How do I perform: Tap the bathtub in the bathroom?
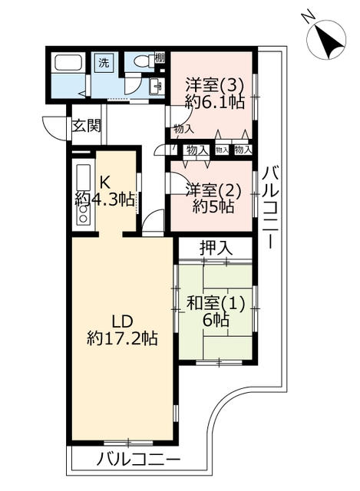pyautogui.click(x=68, y=63)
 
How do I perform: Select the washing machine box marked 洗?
pyautogui.click(x=104, y=63)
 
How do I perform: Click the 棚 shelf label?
pyautogui.click(x=160, y=58)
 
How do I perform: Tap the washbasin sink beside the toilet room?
pyautogui.click(x=156, y=85)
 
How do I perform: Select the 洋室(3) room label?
pyautogui.click(x=215, y=84)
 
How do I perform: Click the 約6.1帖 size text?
pyautogui.click(x=215, y=101)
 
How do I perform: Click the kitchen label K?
pyautogui.click(x=104, y=181)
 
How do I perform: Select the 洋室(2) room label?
pyautogui.click(x=213, y=190)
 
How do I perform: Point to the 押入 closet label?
pyautogui.click(x=216, y=249)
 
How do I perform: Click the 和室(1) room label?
pyautogui.click(x=216, y=304)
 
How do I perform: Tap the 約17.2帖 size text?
pyautogui.click(x=122, y=338)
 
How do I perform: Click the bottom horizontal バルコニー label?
pyautogui.click(x=138, y=460)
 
